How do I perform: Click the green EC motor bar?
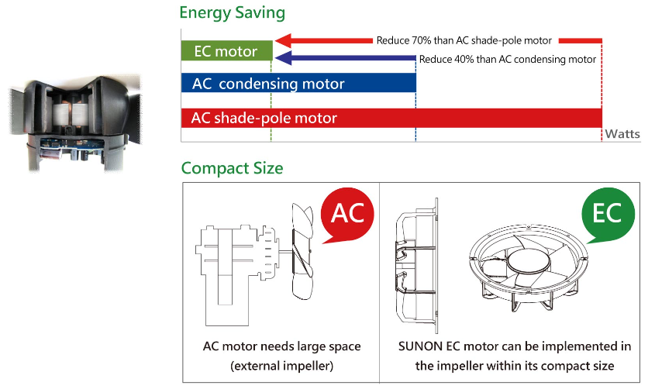pos(226,52)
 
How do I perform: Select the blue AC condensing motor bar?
pos(298,84)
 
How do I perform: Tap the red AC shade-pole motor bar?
pos(391,118)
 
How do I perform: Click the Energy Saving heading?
pos(232,13)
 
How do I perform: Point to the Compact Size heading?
pos(232,168)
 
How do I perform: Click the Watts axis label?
pos(622,134)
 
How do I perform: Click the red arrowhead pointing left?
pos(283,40)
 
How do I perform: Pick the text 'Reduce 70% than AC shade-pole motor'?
pos(464,40)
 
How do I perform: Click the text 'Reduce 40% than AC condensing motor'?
pos(507,60)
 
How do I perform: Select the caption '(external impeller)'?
pos(281,364)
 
